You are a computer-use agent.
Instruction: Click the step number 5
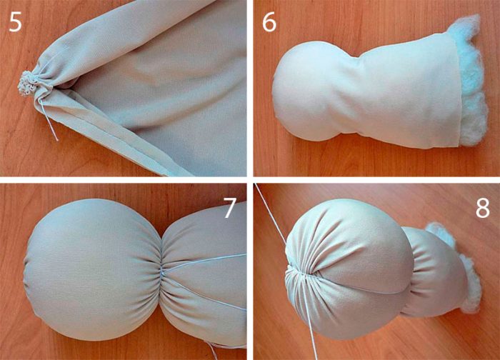pyautogui.click(x=15, y=23)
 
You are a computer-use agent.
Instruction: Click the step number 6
pyautogui.click(x=269, y=23)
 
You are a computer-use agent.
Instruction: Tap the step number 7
pyautogui.click(x=229, y=208)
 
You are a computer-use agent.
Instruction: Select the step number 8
pyautogui.click(x=482, y=208)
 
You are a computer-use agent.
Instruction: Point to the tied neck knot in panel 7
pyautogui.click(x=163, y=271)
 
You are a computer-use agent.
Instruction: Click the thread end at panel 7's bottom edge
pyautogui.click(x=211, y=351)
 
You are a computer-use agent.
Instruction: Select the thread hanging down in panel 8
pyautogui.click(x=309, y=319)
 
